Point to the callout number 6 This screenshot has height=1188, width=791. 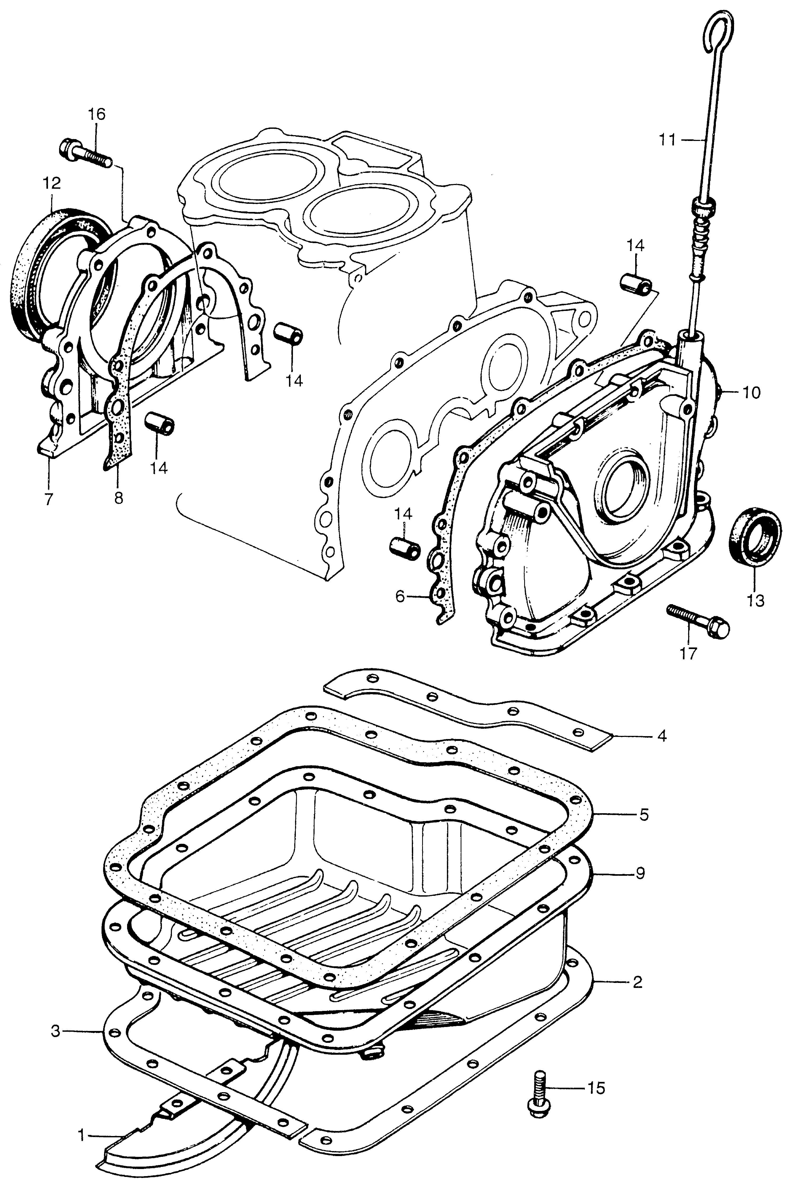point(400,597)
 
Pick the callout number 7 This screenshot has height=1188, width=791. point(49,499)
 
